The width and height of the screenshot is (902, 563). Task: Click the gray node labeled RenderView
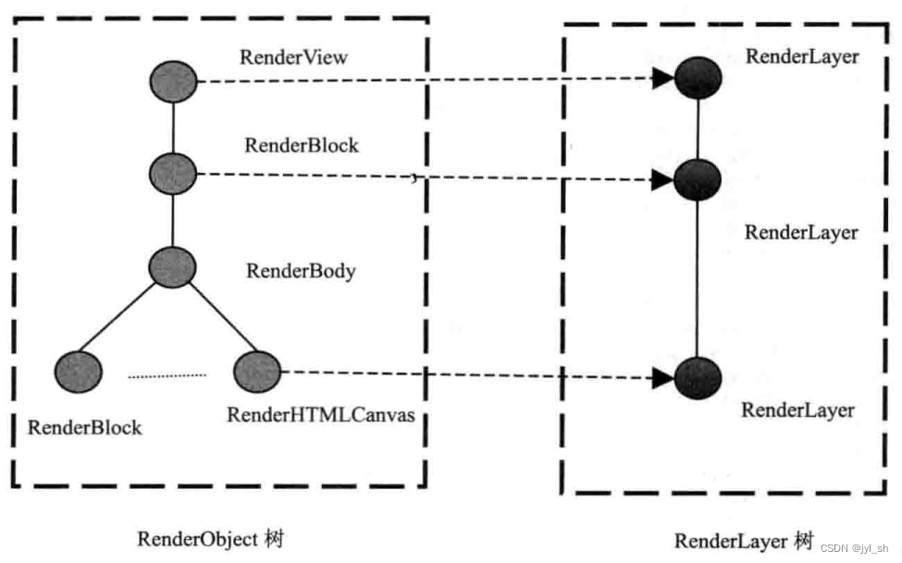pyautogui.click(x=173, y=82)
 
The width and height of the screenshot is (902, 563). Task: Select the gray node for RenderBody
pyautogui.click(x=173, y=267)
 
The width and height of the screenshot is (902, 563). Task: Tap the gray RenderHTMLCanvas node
pyautogui.click(x=256, y=372)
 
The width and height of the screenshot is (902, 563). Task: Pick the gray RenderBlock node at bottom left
pyautogui.click(x=78, y=372)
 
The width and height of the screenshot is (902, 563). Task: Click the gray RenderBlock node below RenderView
pyautogui.click(x=173, y=173)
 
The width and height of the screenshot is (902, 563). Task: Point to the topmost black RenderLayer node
pyautogui.click(x=698, y=79)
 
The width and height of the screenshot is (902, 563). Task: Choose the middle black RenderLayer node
pyautogui.click(x=697, y=179)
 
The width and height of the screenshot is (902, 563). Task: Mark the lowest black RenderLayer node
pyautogui.click(x=698, y=378)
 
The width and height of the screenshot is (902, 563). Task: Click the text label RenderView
pyautogui.click(x=294, y=57)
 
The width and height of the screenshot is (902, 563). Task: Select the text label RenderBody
pyautogui.click(x=301, y=271)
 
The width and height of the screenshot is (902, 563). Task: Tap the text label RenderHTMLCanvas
pyautogui.click(x=320, y=415)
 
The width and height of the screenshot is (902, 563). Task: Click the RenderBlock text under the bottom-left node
pyautogui.click(x=85, y=427)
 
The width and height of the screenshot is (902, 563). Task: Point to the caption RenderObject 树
pyautogui.click(x=210, y=538)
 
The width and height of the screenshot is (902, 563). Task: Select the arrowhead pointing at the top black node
pyautogui.click(x=662, y=80)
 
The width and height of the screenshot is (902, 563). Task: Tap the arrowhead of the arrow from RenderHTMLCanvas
pyautogui.click(x=662, y=377)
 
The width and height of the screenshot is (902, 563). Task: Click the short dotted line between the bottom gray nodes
pyautogui.click(x=167, y=375)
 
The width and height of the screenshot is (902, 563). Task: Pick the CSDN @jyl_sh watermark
pyautogui.click(x=853, y=548)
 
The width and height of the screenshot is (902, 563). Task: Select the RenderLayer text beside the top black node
pyautogui.click(x=802, y=56)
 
